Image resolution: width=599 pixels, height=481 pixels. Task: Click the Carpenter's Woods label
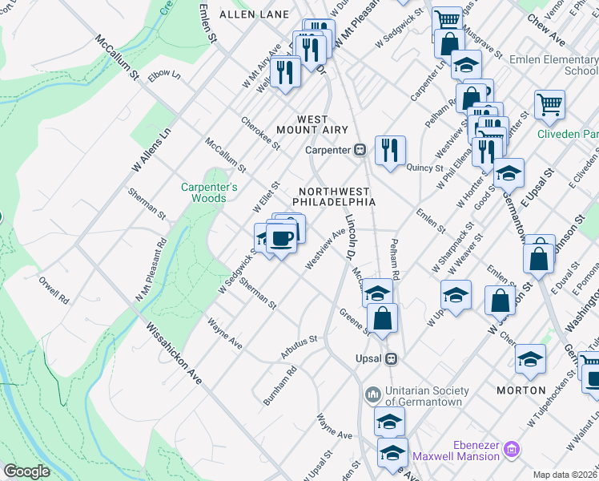coord(209,192)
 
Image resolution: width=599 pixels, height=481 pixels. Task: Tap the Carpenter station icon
coord(360,150)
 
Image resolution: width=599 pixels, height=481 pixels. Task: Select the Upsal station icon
coord(392,358)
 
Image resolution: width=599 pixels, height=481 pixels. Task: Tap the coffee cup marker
coord(281,238)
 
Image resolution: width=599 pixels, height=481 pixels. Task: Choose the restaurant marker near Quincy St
coord(390,150)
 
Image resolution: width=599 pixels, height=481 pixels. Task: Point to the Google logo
coord(26,471)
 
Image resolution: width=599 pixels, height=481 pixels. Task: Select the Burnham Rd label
coord(279,385)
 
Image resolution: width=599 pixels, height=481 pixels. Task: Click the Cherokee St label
coord(261,134)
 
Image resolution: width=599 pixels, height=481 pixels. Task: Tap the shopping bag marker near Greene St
coord(383,318)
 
